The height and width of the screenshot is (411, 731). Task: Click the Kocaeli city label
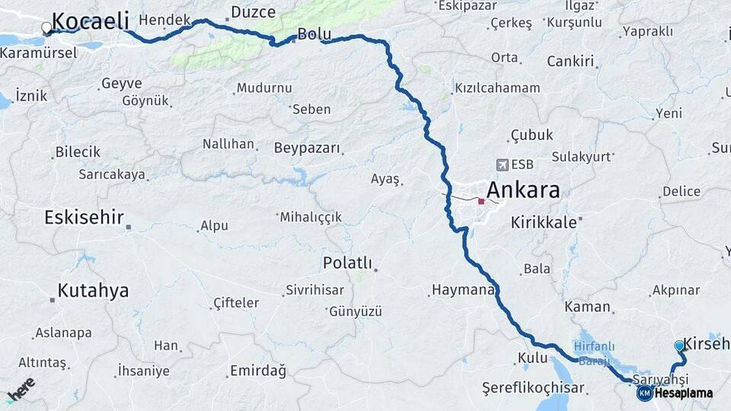pos(90,21)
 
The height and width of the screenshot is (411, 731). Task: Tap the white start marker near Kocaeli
pos(46,28)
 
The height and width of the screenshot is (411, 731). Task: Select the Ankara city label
pos(522,190)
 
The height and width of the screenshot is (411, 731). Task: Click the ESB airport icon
pos(502,164)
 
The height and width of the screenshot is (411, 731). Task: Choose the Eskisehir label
pos(84,218)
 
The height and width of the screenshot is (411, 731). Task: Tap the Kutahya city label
pos(93,291)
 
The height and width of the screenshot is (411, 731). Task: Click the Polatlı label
pos(347,263)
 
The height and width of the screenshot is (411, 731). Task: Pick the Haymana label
pos(463,290)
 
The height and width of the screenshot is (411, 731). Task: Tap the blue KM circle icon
pos(645,393)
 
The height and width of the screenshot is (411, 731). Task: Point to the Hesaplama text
pos(683,393)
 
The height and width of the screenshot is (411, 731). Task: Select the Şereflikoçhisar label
pos(533,387)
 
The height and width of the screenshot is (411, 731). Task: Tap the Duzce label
pos(247,11)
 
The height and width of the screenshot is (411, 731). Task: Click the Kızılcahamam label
pos(497,88)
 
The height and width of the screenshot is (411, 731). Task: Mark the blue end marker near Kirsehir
pos(679,346)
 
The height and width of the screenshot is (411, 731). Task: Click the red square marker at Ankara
pos(481,201)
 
